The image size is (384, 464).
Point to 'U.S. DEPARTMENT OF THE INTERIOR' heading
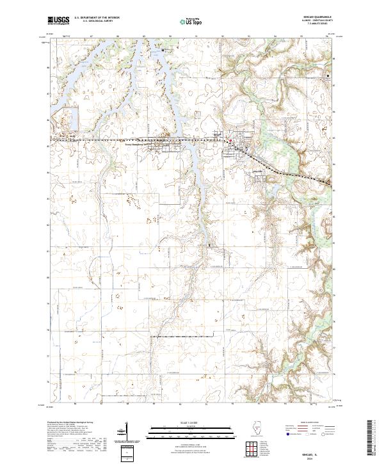[97, 18]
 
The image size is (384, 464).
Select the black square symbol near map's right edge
[329, 77]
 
